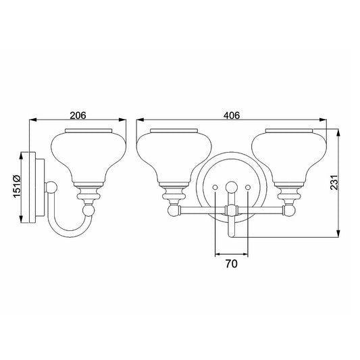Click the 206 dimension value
78,115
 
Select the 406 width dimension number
232,115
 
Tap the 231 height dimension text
334,182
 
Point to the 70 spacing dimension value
232,264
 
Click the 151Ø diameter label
17,186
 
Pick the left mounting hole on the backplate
215,188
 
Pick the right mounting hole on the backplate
248,188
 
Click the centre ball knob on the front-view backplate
232,187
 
